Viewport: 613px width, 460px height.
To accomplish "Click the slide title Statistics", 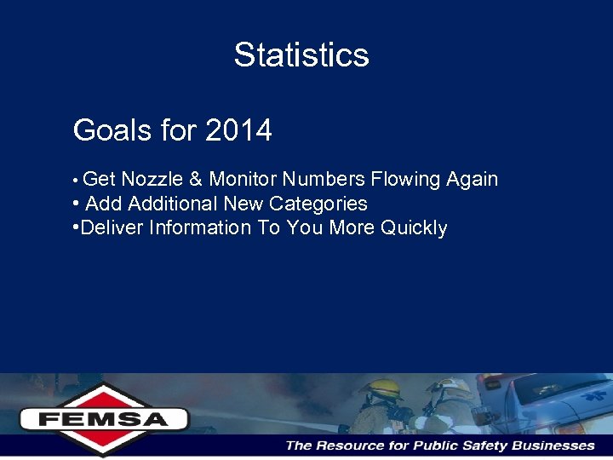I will (301, 55).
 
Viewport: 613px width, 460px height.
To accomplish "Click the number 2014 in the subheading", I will (238, 130).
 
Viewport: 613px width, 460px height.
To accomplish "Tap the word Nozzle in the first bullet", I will (152, 180).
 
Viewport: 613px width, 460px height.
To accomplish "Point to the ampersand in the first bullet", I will (195, 180).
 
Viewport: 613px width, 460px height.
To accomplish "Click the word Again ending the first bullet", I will (472, 180).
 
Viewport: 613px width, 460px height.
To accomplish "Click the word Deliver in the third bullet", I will (112, 228).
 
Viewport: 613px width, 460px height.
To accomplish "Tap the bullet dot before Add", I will (77, 204).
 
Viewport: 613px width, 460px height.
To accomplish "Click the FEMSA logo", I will (104, 418).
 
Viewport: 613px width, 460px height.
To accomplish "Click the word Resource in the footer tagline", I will (351, 446).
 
